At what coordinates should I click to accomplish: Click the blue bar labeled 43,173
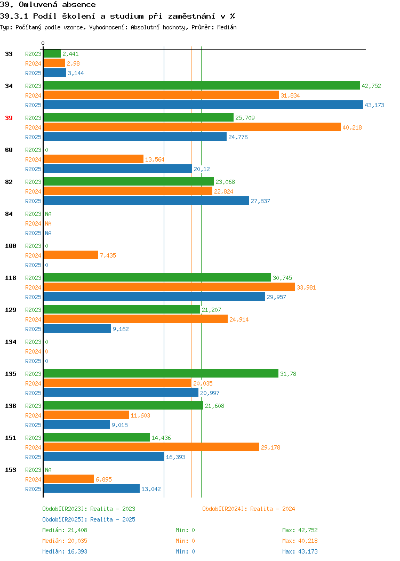pyautogui.click(x=203, y=105)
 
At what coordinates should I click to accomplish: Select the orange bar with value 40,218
pyautogui.click(x=192, y=127)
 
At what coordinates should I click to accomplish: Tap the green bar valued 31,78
pyautogui.click(x=161, y=373)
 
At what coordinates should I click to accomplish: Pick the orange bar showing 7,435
pyautogui.click(x=71, y=255)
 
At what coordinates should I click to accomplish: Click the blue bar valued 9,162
pyautogui.click(x=77, y=329)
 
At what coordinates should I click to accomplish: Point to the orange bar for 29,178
pyautogui.click(x=151, y=447)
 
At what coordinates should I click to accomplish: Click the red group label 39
pyautogui.click(x=9, y=118)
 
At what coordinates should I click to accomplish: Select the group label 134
pyautogui.click(x=11, y=342)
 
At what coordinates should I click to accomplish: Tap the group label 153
pyautogui.click(x=11, y=470)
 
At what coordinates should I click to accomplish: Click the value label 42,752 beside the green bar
pyautogui.click(x=371, y=86)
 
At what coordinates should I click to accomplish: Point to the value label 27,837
pyautogui.click(x=260, y=201)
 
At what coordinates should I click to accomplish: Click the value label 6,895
pyautogui.click(x=104, y=479)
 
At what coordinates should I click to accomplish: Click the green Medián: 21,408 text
pyautogui.click(x=65, y=530)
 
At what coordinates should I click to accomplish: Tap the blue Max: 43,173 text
pyautogui.click(x=300, y=551)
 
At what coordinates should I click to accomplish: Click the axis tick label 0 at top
pyautogui.click(x=43, y=43)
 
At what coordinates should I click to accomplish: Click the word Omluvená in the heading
pyautogui.click(x=38, y=5)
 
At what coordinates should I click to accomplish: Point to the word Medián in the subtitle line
pyautogui.click(x=227, y=27)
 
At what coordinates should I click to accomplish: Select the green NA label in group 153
pyautogui.click(x=49, y=470)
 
